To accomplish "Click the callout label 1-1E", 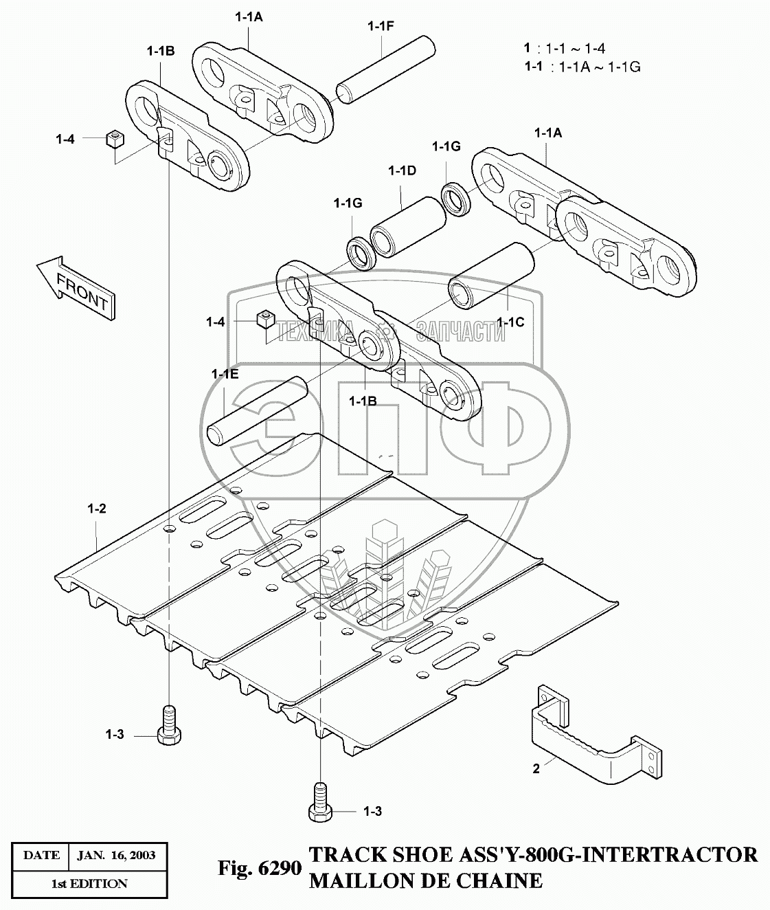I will (225, 374).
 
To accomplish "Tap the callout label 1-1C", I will (510, 321).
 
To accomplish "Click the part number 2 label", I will (536, 768).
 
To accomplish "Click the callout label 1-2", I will (96, 509).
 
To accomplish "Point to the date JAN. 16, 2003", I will (116, 855).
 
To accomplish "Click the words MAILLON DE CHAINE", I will (426, 880).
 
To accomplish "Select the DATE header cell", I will (41, 855).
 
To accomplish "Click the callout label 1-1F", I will (381, 26).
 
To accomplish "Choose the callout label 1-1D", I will (402, 170).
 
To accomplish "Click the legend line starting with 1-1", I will (582, 67).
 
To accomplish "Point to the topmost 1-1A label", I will (249, 19).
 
